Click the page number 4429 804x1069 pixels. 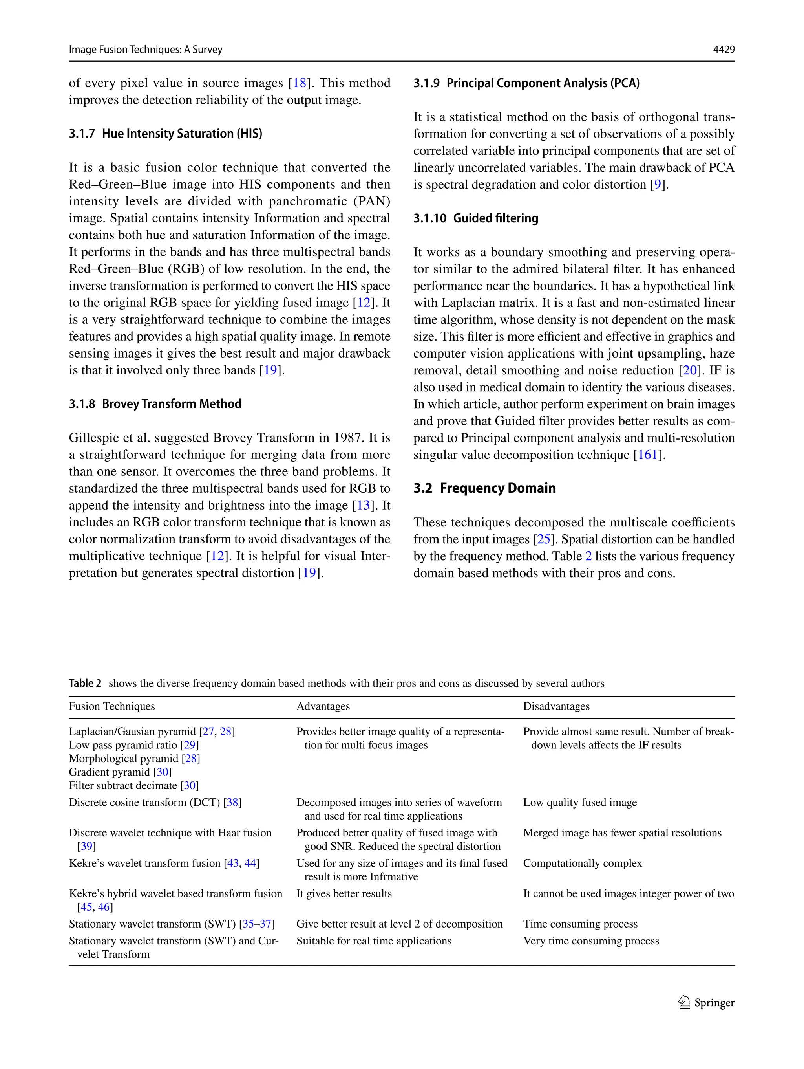pos(724,49)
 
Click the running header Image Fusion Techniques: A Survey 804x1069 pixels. pos(145,49)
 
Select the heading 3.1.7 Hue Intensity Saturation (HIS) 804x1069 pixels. pos(165,134)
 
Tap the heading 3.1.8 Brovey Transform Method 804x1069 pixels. pos(155,403)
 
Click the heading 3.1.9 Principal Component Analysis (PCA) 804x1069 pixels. pos(526,83)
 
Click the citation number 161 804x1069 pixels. pos(647,455)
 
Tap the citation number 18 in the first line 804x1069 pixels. pos(300,83)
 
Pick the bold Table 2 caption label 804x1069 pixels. pos(85,683)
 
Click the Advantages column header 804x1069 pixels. pos(323,706)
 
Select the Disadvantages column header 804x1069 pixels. pos(556,706)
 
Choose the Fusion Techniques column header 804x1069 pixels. pos(111,706)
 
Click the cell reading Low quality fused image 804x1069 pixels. pos(579,802)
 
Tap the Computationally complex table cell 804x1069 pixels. pos(582,863)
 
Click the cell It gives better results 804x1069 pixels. pos(344,893)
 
